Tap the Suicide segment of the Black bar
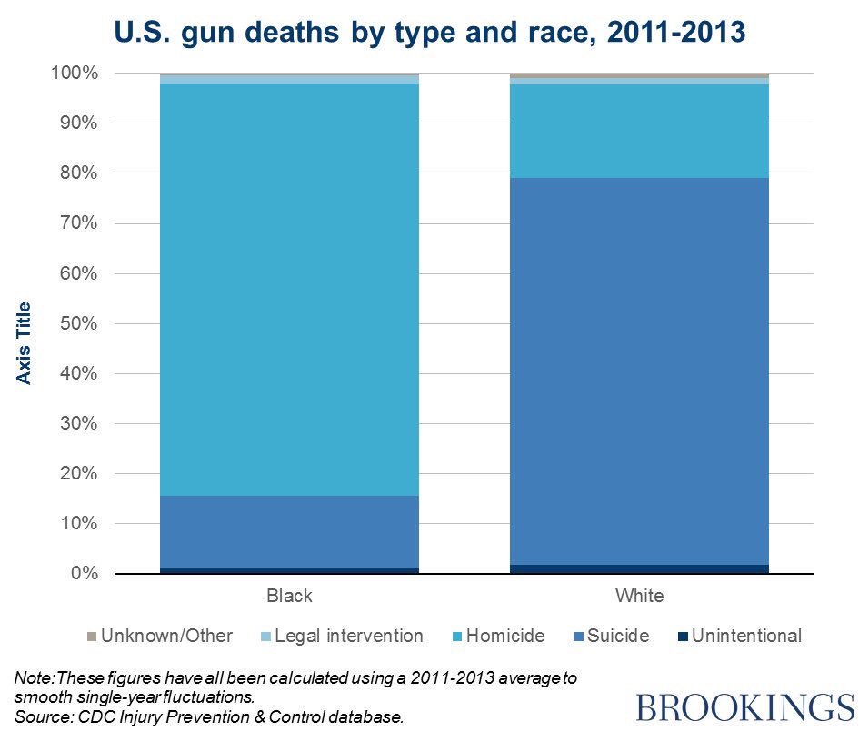[x=289, y=531]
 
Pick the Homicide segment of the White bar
[x=640, y=131]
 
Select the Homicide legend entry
[x=504, y=636]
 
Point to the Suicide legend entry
[x=618, y=636]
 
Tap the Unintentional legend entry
[x=746, y=636]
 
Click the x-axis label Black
[x=289, y=597]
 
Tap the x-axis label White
[x=640, y=597]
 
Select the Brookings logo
[x=745, y=706]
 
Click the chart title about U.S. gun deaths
[x=428, y=33]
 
